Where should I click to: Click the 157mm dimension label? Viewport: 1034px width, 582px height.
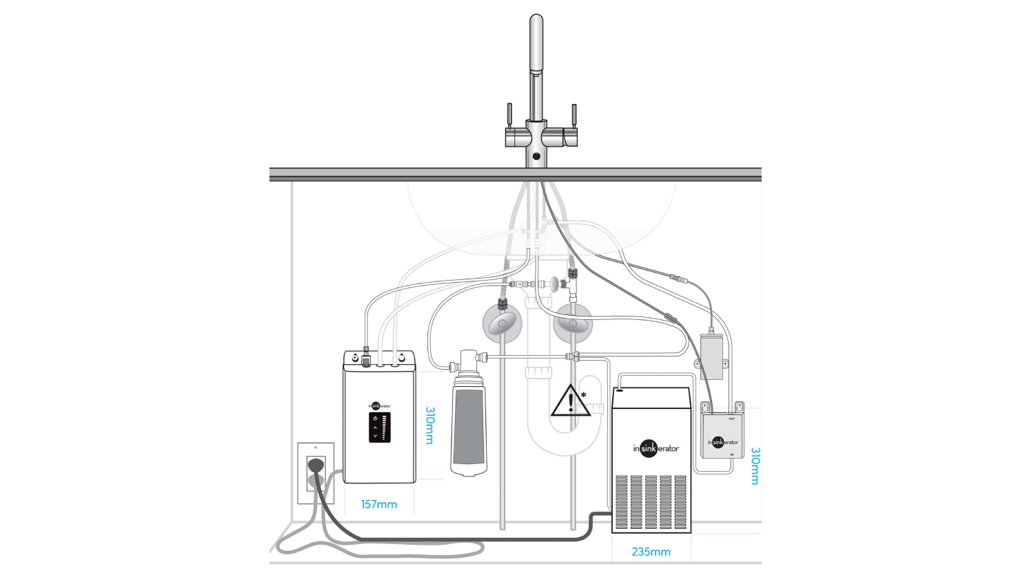(x=378, y=504)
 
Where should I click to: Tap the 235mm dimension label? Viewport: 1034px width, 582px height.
(x=651, y=552)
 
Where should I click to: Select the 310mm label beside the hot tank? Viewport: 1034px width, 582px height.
(x=430, y=425)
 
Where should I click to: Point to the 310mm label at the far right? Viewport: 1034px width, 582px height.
(x=755, y=465)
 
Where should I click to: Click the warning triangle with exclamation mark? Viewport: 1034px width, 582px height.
(x=569, y=401)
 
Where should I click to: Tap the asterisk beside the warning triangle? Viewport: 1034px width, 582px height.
(x=584, y=395)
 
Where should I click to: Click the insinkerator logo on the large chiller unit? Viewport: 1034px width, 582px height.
(x=656, y=448)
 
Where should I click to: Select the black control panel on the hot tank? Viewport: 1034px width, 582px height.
(x=379, y=428)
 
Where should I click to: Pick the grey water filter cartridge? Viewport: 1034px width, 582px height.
(x=469, y=431)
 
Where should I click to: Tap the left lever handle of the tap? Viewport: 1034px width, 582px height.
(x=510, y=114)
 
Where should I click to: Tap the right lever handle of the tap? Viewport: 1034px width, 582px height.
(x=574, y=114)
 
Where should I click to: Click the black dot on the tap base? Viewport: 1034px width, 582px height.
(x=536, y=157)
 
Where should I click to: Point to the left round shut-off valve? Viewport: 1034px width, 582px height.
(x=503, y=323)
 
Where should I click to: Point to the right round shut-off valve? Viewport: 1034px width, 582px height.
(x=572, y=323)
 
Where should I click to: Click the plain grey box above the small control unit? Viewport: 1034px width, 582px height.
(x=711, y=357)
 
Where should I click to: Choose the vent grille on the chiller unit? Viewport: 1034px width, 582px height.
(x=651, y=501)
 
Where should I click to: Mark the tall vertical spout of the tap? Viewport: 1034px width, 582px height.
(x=536, y=69)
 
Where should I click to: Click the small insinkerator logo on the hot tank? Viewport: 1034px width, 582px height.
(x=379, y=405)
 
